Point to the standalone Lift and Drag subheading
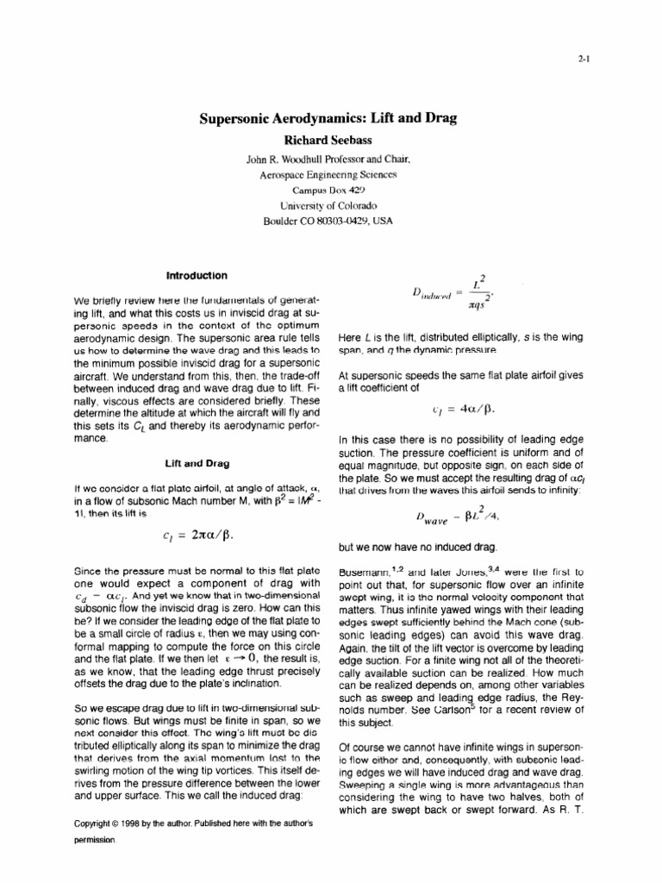pos(196,462)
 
